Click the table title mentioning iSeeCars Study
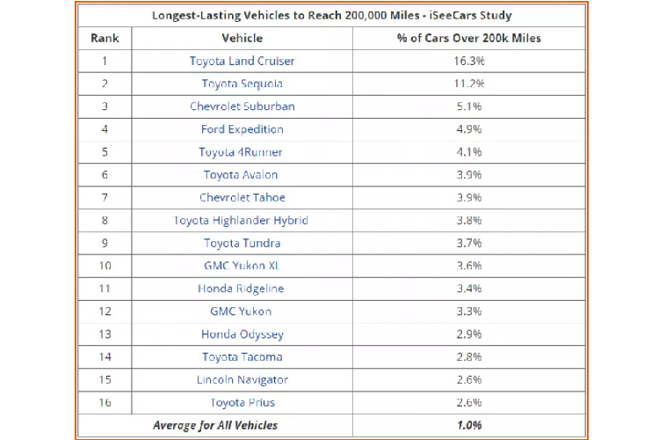[x=331, y=15]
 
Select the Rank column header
[x=105, y=38]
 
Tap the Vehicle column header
[x=242, y=38]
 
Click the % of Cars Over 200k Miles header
[x=469, y=38]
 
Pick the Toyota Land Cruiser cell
[x=242, y=61]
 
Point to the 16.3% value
[x=469, y=61]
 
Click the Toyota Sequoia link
[x=242, y=84]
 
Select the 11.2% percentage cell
[x=469, y=84]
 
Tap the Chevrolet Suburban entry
[x=242, y=106]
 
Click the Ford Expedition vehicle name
[x=242, y=129]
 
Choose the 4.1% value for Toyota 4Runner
[x=469, y=152]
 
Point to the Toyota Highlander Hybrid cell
[x=242, y=220]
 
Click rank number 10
[x=105, y=266]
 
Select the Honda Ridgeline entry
[x=242, y=289]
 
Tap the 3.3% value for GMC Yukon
[x=469, y=312]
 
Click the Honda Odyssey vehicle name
[x=242, y=334]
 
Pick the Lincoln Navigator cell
[x=242, y=380]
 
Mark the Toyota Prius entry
[x=242, y=403]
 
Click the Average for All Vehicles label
[x=215, y=426]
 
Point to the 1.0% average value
[x=469, y=426]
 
